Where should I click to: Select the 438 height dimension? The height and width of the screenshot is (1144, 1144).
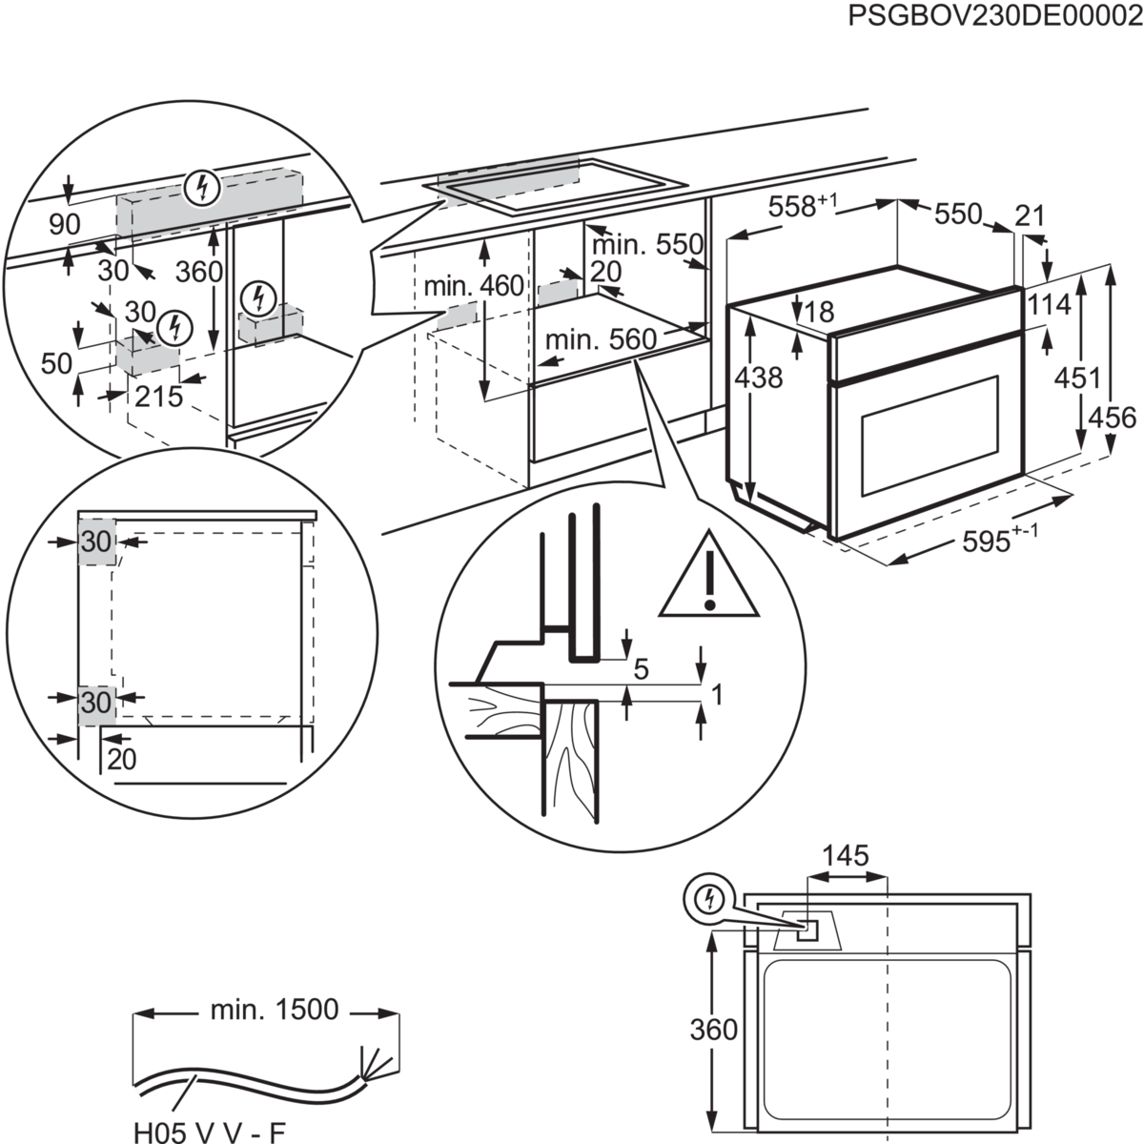tap(760, 378)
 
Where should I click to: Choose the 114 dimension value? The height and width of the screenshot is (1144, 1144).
tap(1050, 306)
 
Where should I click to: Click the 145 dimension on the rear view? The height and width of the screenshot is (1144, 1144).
tap(847, 856)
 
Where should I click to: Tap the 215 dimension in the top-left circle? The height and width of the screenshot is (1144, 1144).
tap(158, 397)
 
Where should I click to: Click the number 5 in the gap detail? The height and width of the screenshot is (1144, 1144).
tap(641, 670)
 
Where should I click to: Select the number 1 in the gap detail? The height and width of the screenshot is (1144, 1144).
tap(717, 697)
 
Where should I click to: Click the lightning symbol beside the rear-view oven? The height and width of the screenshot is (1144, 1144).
tap(707, 898)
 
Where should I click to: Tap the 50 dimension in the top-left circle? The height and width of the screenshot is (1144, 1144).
tap(57, 363)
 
